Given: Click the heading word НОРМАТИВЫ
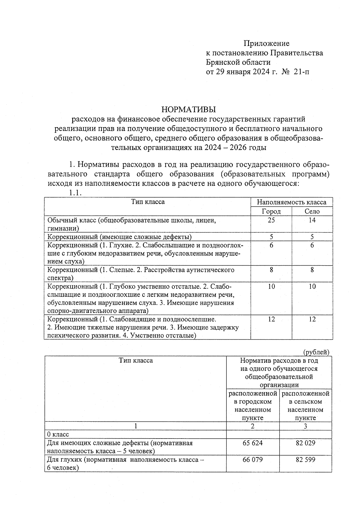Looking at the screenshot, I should pos(189,109).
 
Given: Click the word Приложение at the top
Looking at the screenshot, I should pos(266,44).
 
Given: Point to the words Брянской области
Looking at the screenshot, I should pos(238,62).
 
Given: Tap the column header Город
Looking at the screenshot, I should pos(271,211).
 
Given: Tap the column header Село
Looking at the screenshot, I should pos(312,211).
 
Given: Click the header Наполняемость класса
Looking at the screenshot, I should pos(292,202).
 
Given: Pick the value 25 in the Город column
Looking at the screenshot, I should pos(271,220).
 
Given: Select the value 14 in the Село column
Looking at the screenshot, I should pos(312,220).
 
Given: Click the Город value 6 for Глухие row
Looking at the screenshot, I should pos(271,245).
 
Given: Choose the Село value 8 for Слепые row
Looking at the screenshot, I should pos(312,270).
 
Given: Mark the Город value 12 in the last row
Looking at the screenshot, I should pos(271,319).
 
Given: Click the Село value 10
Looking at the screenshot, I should pos(312,286).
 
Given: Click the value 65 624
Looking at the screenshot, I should pos(253,443).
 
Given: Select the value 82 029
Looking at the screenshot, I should pos(305,443).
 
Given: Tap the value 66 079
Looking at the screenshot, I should pos(253,460).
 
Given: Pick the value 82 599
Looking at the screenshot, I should pos(305,460).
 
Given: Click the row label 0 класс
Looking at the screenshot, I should pos(58,434).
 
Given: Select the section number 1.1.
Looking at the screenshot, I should pos(75,193).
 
